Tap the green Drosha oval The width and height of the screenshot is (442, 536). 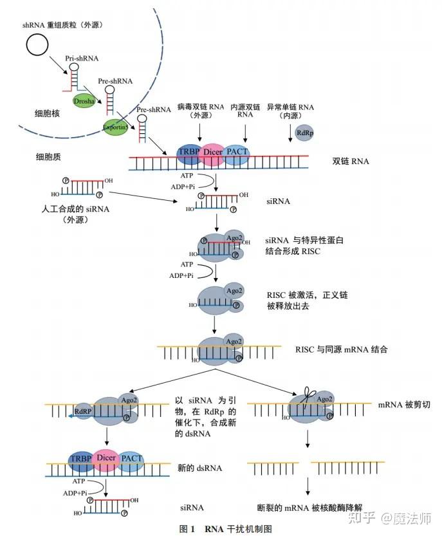84,101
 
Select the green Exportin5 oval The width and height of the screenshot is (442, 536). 116,127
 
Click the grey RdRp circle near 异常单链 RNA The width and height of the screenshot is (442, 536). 304,133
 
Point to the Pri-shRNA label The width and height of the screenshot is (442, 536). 82,59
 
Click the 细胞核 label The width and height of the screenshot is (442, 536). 47,113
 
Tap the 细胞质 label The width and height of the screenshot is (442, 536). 48,157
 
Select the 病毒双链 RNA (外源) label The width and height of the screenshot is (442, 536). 201,111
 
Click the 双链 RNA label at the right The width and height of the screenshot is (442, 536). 351,161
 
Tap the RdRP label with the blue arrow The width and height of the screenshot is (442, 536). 83,411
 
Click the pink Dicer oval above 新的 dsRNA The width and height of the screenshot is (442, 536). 106,459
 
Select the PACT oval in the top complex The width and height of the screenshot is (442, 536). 237,154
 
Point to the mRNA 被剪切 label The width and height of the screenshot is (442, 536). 403,405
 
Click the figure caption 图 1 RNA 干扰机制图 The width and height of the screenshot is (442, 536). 226,529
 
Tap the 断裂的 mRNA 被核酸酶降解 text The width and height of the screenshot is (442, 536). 309,508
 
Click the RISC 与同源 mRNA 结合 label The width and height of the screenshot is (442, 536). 341,349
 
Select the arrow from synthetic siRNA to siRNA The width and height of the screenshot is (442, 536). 143,196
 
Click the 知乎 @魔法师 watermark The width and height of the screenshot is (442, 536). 390,518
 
